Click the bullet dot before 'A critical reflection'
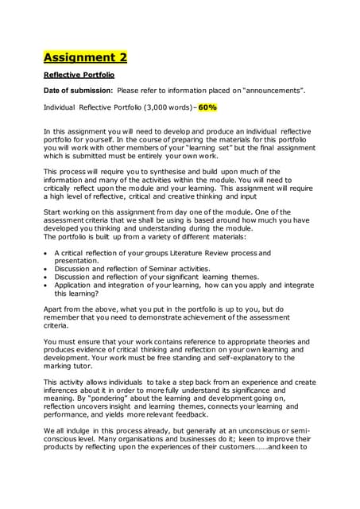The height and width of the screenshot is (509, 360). coord(46,253)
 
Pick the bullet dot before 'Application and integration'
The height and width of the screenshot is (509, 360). coord(46,285)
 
